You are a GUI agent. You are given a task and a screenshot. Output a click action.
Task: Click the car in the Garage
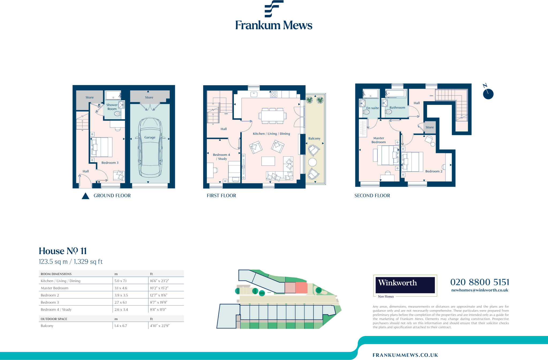pos(150,147)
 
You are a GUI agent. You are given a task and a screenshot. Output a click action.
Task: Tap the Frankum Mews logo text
pos(274,25)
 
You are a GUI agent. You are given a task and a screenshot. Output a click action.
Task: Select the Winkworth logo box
pos(405,285)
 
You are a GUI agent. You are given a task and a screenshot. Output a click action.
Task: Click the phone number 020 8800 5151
pos(479,282)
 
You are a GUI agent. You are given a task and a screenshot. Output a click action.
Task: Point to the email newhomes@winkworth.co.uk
pos(479,290)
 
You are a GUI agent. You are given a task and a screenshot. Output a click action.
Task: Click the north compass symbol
pos(488,94)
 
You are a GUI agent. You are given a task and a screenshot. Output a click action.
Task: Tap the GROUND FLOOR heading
pos(112,196)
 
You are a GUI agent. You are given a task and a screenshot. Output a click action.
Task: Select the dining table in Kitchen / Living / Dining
pos(272,116)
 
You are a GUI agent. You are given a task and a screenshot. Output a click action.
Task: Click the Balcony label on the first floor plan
pos(314,138)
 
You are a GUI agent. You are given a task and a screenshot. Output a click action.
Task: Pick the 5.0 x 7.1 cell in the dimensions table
pos(120,281)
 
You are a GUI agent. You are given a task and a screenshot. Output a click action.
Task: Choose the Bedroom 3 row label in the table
pos(50,303)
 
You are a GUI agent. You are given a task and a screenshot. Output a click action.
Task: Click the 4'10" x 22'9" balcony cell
pos(159,326)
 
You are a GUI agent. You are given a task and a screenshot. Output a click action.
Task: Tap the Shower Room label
pos(112,107)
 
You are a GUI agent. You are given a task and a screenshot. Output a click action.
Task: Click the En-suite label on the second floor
pos(372,108)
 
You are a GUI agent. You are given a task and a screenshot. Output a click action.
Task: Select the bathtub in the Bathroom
pos(396,94)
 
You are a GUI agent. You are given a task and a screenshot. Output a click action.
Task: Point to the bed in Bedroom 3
pos(101,147)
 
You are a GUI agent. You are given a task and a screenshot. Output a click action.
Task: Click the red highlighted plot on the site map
pos(301,288)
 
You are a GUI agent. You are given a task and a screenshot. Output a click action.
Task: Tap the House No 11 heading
pos(63,251)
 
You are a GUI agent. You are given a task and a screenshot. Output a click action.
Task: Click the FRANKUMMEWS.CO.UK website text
pos(405,355)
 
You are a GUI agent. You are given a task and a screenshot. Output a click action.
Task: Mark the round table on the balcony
pos(312,162)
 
